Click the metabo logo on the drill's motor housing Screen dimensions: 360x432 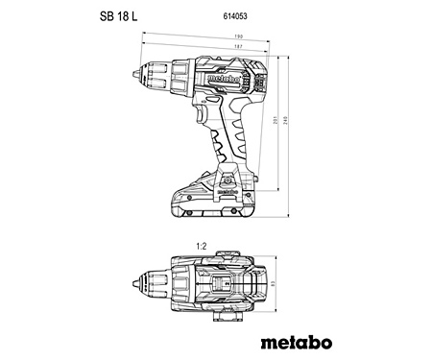[227, 74]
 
